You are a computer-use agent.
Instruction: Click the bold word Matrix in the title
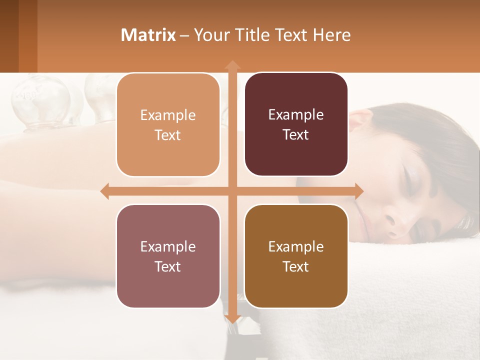[x=148, y=35]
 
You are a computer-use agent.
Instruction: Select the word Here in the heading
[x=331, y=35]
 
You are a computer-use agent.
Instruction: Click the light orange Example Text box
[x=168, y=125]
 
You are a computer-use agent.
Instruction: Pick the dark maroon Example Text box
[x=296, y=124]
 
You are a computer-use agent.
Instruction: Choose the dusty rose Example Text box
[x=168, y=256]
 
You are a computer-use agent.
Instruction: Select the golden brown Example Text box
[x=296, y=256]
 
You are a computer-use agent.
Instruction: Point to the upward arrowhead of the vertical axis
[x=232, y=65]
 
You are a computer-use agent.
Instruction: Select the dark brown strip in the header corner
[x=9, y=36]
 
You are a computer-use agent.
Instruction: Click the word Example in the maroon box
[x=296, y=115]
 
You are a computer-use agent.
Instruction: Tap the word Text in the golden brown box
[x=296, y=266]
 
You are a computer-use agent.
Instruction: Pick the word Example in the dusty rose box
[x=168, y=246]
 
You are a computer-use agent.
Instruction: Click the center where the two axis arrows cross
[x=232, y=191]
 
